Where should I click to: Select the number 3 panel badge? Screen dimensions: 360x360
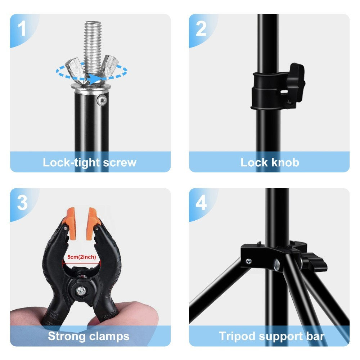click(x=22, y=203)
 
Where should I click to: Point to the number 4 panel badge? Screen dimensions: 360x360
click(x=201, y=203)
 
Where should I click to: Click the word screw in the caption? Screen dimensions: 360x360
click(x=120, y=162)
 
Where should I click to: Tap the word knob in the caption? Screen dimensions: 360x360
click(x=285, y=162)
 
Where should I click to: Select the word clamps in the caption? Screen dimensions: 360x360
click(x=108, y=336)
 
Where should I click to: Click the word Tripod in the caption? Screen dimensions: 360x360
click(x=238, y=336)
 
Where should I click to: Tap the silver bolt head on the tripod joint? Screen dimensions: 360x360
click(x=278, y=265)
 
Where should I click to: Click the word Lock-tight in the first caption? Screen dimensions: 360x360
click(x=71, y=162)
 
